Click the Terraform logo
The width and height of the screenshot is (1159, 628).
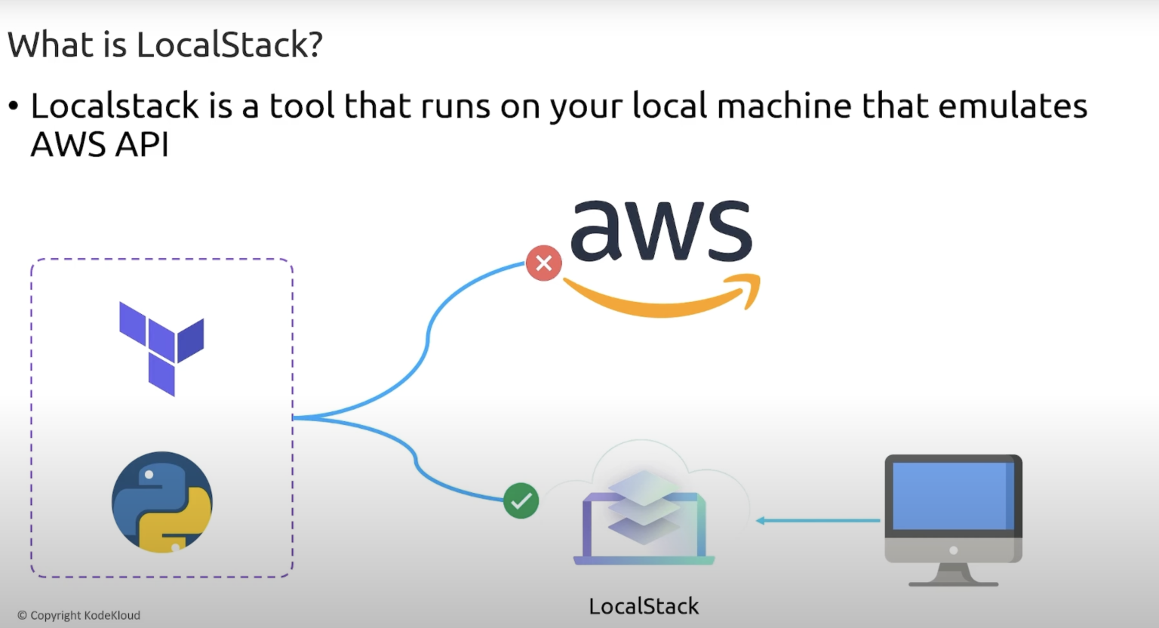[161, 347]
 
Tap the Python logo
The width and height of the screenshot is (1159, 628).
[162, 502]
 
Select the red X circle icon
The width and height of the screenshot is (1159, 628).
[543, 263]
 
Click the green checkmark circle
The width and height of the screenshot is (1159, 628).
[521, 500]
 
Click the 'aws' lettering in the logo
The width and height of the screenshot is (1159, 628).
[661, 230]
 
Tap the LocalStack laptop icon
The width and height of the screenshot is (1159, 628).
[644, 521]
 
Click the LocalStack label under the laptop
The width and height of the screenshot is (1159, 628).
[644, 606]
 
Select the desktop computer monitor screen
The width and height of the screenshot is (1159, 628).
[952, 496]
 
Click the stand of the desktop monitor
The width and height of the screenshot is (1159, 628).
[953, 574]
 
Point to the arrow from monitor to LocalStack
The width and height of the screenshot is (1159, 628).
[818, 520]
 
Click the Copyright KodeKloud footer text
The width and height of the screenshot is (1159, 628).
[78, 615]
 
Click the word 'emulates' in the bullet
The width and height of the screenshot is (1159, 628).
[1013, 106]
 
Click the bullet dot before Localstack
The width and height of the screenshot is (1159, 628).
[13, 106]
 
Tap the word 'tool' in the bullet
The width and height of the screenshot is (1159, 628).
[302, 106]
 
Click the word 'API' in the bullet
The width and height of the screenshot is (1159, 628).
[142, 144]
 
